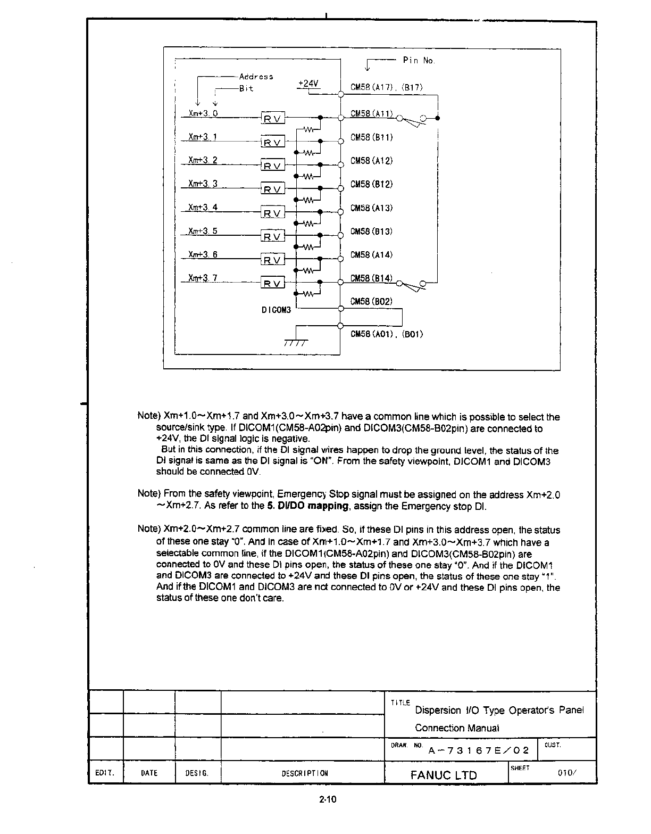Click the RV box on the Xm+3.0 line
[273, 119]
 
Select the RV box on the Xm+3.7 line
[273, 283]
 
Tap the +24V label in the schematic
[307, 84]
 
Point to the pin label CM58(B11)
[371, 137]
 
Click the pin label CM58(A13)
[371, 208]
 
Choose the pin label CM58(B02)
[371, 301]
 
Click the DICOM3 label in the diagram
[276, 310]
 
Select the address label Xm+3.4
[203, 207]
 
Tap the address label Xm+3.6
[203, 254]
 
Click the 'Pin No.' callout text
[419, 61]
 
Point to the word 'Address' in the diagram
[256, 77]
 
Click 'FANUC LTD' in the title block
[444, 775]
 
